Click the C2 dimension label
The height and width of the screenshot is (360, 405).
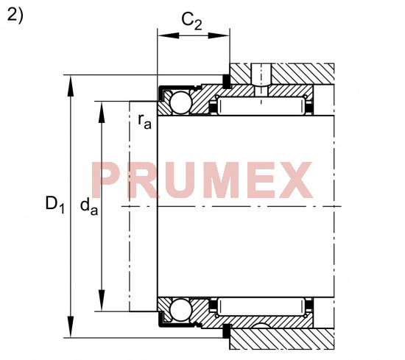pos(191,21)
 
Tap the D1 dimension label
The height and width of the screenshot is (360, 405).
pos(54,204)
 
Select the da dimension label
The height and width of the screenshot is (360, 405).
pos(89,207)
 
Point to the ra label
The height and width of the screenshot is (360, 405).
pos(144,121)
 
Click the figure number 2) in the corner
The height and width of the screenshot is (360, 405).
pos(15,15)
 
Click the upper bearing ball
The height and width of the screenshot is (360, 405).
pos(181,102)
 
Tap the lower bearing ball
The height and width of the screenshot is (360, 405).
pos(181,310)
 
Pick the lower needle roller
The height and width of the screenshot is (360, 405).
pos(261,306)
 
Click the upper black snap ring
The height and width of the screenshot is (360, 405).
pos(227,81)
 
